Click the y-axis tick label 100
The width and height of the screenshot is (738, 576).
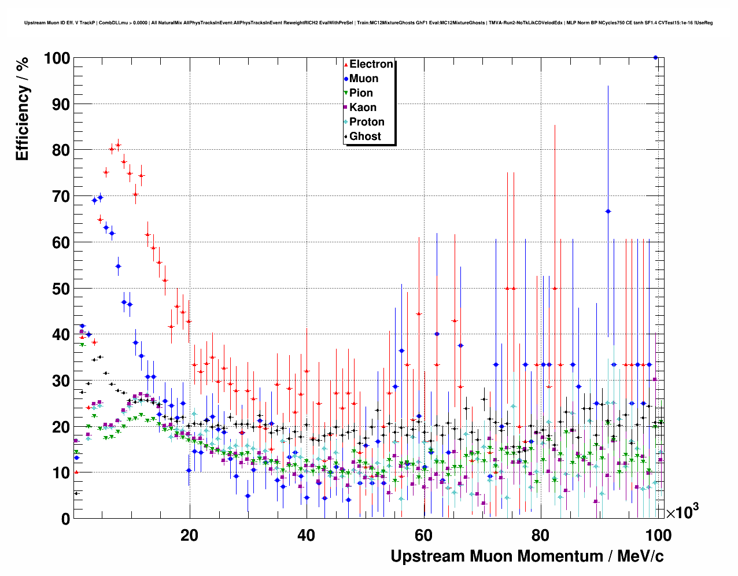pyautogui.click(x=57, y=58)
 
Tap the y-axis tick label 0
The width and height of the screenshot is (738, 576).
pyautogui.click(x=65, y=519)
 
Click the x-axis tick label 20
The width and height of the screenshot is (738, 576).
pyautogui.click(x=189, y=536)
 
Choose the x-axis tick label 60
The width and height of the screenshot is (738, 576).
pyautogui.click(x=423, y=536)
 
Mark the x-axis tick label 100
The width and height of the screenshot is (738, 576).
pyautogui.click(x=658, y=536)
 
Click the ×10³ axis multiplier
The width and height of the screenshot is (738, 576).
pyautogui.click(x=682, y=512)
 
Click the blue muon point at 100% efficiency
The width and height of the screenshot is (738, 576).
pyautogui.click(x=655, y=57)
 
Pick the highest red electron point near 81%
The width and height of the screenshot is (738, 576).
pyautogui.click(x=118, y=146)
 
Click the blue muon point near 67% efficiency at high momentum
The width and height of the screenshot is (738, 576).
pyautogui.click(x=608, y=212)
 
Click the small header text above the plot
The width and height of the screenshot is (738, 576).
pyautogui.click(x=368, y=23)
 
